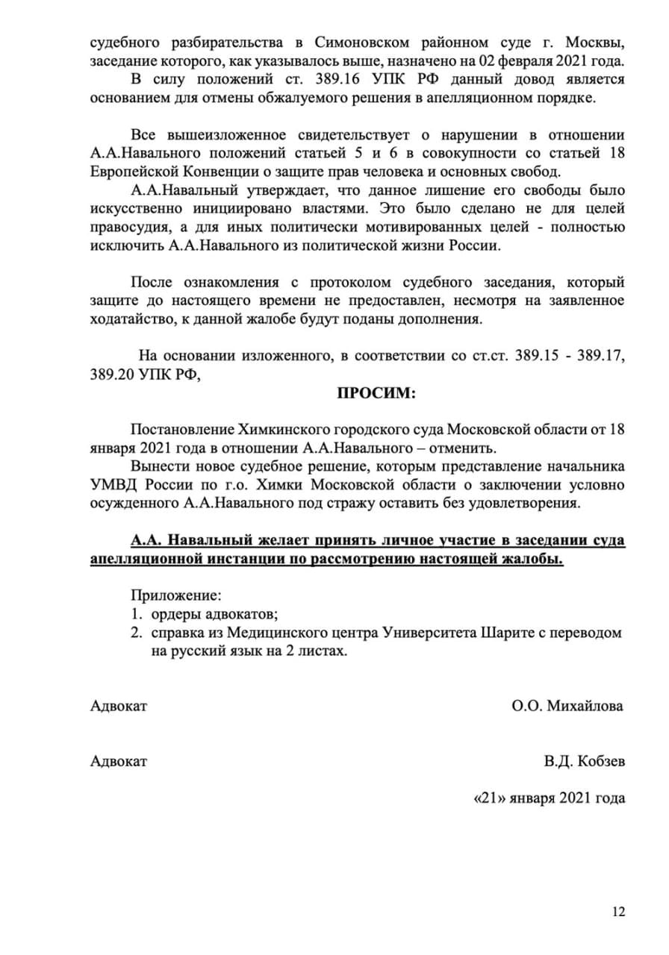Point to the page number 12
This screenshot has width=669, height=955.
(618, 911)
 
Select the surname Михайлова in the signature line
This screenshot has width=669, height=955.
(587, 706)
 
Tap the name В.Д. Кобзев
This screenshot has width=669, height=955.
(585, 761)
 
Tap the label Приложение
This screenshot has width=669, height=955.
(176, 595)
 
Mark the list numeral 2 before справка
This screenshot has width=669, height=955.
(136, 633)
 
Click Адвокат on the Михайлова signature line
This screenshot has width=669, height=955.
(119, 706)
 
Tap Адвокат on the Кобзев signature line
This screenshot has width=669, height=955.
(119, 761)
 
